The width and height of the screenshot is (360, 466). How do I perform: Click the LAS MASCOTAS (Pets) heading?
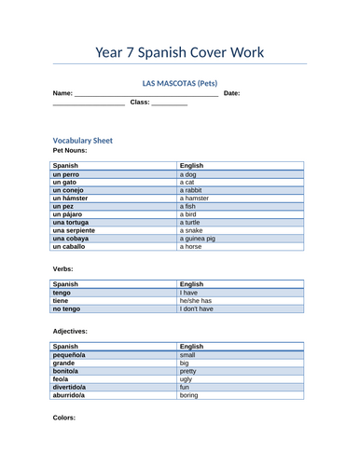point(180,82)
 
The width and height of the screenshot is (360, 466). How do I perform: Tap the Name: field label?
point(62,93)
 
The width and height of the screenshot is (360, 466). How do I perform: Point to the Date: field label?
point(232,93)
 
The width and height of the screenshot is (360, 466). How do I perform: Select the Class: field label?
point(139,103)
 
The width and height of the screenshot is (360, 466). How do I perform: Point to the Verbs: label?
point(64,268)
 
